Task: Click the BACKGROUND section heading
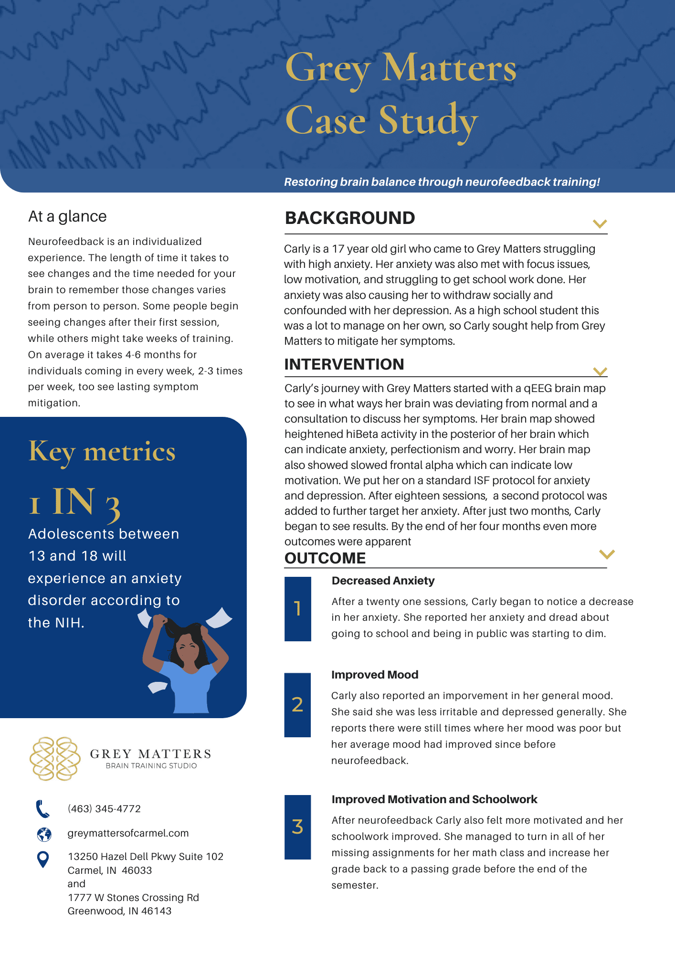tap(350, 218)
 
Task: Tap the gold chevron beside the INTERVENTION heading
tap(600, 371)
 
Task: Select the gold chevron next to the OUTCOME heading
tap(607, 554)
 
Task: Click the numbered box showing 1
tap(298, 609)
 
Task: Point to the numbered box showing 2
tap(297, 705)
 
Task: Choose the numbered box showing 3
tap(297, 827)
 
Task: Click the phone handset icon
tap(43, 809)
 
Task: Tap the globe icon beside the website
tap(44, 834)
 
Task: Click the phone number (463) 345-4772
tap(104, 809)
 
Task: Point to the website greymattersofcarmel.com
tap(128, 833)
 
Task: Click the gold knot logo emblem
tap(55, 759)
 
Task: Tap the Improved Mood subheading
tap(375, 675)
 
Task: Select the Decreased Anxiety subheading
tap(383, 581)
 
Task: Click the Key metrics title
tap(102, 452)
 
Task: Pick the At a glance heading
tap(67, 216)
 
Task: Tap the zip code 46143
tap(157, 911)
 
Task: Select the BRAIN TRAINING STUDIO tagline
tap(151, 766)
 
